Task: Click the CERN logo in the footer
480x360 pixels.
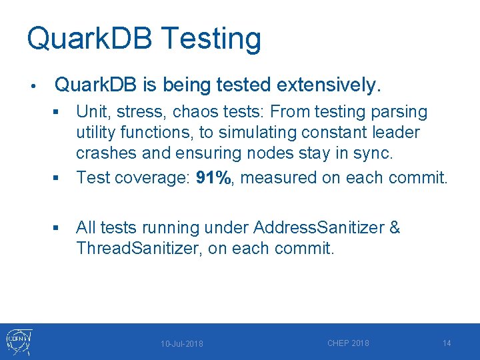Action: pyautogui.click(x=17, y=342)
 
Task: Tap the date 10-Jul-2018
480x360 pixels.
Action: pyautogui.click(x=182, y=344)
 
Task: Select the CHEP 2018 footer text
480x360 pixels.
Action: pyautogui.click(x=348, y=343)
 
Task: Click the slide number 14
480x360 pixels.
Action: pyautogui.click(x=447, y=343)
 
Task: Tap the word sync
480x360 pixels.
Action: pyautogui.click(x=376, y=153)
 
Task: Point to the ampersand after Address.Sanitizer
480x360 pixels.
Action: pyautogui.click(x=394, y=227)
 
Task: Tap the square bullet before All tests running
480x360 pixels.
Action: pyautogui.click(x=58, y=229)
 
